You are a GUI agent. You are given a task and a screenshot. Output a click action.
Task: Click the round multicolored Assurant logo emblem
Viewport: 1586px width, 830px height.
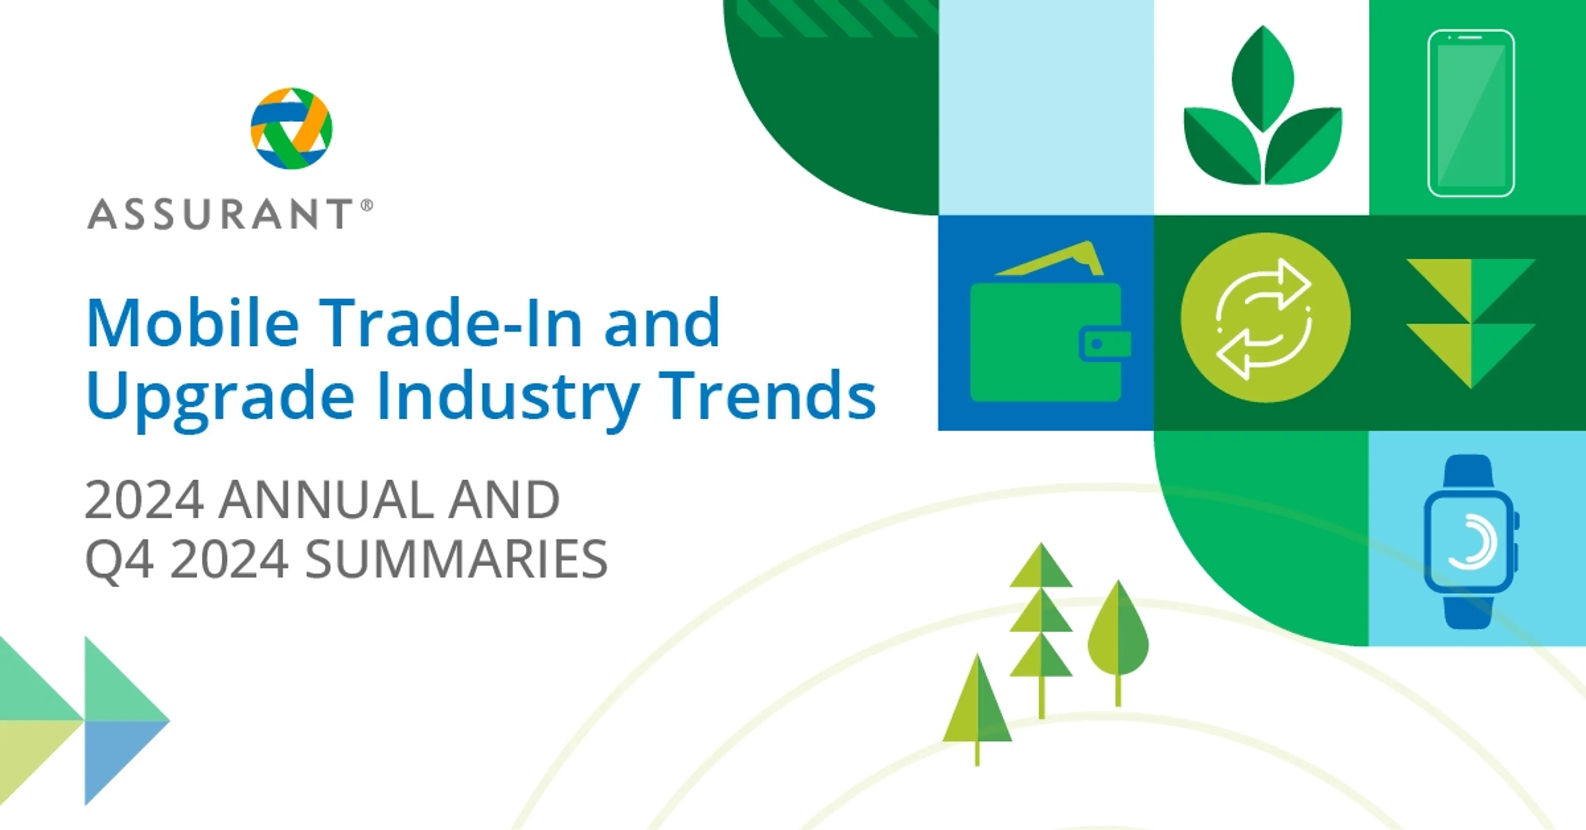click(x=291, y=128)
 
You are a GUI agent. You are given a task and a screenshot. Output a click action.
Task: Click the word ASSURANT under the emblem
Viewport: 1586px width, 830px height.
click(x=220, y=214)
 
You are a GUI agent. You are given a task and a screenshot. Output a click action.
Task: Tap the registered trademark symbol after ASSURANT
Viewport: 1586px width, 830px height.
click(x=366, y=205)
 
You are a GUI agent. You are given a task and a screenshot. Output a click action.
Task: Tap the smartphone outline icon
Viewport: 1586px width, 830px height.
click(x=1471, y=113)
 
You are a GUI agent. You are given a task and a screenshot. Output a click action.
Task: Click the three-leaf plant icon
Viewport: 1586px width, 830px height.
click(x=1262, y=106)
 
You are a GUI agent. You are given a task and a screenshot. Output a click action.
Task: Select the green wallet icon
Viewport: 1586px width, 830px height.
click(x=1050, y=321)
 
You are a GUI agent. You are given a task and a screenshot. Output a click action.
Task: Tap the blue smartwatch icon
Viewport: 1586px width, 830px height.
click(x=1471, y=542)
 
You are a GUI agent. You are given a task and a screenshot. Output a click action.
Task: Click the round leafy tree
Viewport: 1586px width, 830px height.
click(x=1118, y=634)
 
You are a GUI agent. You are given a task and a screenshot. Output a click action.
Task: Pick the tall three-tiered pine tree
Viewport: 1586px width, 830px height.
click(x=1041, y=622)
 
